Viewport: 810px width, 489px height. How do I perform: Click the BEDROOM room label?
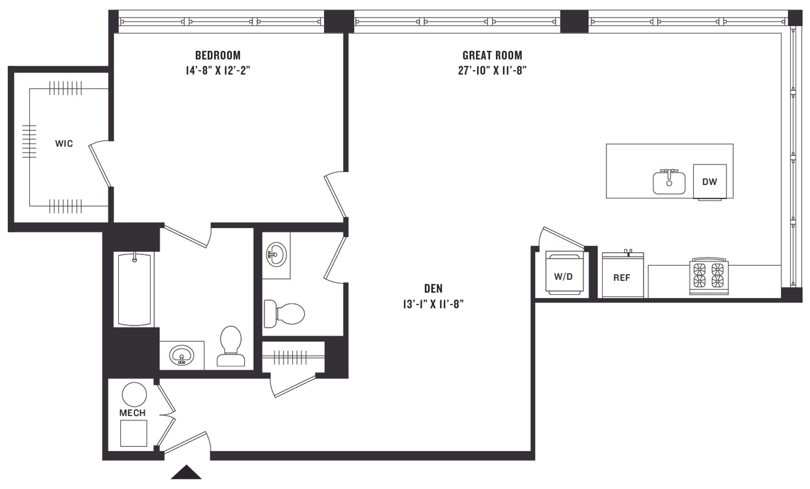[x=218, y=55]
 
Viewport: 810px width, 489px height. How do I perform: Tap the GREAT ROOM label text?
[x=492, y=55]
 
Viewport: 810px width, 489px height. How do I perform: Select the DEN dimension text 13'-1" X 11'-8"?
[x=434, y=304]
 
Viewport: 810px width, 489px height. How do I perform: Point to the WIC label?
[x=64, y=144]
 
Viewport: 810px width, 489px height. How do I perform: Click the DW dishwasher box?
[x=710, y=182]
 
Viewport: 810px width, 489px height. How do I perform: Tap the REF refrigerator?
[x=623, y=274]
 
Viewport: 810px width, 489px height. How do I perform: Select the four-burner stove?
[x=709, y=276]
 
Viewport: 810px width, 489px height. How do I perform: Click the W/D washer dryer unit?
[x=564, y=273]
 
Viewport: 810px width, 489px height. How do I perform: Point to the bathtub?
[x=134, y=289]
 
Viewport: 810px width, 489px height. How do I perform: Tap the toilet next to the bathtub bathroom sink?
[x=231, y=346]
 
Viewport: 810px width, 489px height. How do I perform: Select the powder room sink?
[x=276, y=254]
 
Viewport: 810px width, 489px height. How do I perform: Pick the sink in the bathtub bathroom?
[x=182, y=355]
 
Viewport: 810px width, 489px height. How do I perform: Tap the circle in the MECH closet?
[x=135, y=394]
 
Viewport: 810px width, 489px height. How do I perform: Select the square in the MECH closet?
[x=134, y=433]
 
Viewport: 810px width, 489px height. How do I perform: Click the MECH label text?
[x=132, y=413]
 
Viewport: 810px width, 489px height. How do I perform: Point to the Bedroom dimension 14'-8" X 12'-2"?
[x=218, y=71]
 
